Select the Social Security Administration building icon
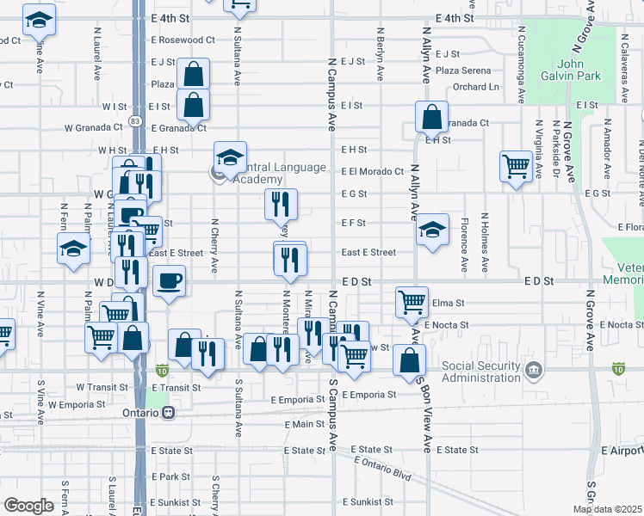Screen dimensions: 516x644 point(534,371)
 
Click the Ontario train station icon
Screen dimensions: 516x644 point(170,412)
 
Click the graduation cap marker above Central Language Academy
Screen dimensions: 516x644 point(231,158)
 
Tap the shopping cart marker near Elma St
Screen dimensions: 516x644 point(412,302)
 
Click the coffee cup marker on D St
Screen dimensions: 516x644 point(169,280)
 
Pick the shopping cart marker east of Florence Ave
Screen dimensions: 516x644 point(517,166)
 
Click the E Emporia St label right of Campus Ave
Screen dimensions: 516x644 point(368,395)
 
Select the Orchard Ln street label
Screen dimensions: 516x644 point(476,87)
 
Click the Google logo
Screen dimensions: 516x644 point(28,506)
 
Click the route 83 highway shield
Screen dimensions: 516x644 point(135,121)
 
